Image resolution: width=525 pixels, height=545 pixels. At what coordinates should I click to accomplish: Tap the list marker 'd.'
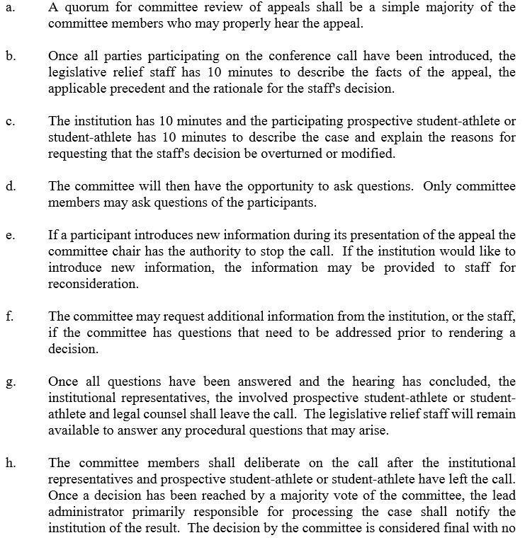click(x=9, y=186)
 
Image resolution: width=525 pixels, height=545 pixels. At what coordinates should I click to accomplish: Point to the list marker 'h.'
click(x=9, y=464)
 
